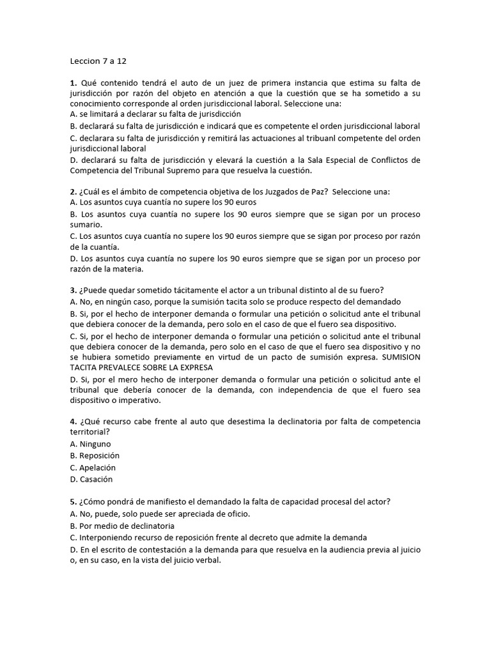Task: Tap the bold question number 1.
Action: tap(73, 82)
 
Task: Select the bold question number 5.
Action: tap(73, 502)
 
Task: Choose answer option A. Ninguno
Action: tap(90, 443)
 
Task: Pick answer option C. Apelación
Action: tap(93, 468)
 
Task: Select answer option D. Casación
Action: tap(91, 479)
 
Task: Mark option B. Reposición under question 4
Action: tap(95, 455)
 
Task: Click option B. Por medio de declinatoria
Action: tap(121, 526)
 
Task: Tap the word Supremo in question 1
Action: tap(198, 171)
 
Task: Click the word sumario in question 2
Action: tap(86, 225)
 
